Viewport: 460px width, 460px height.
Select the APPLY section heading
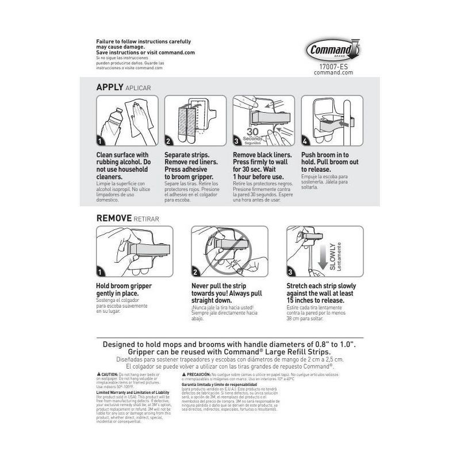(x=110, y=87)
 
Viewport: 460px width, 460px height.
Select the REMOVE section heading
(x=114, y=218)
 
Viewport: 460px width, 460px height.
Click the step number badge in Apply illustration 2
(x=168, y=141)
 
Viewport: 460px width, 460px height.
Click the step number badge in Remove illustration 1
(x=100, y=272)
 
